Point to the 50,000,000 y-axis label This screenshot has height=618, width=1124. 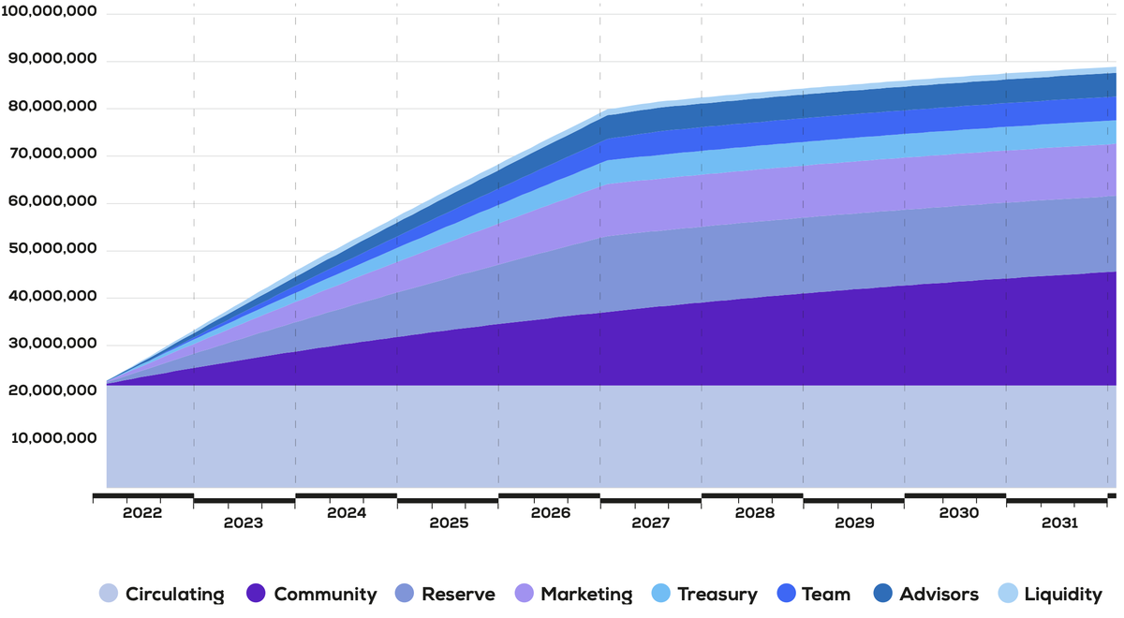(x=52, y=251)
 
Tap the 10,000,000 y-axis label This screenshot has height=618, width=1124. (x=52, y=439)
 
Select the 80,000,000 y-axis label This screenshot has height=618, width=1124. (x=52, y=109)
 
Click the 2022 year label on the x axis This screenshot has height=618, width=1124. (x=142, y=513)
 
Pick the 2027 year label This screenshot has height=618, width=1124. (x=650, y=522)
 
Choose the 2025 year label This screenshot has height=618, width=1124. (x=448, y=522)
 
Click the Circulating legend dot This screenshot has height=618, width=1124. (x=109, y=594)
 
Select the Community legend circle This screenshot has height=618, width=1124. (x=257, y=594)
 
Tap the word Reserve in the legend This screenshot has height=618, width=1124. (x=458, y=594)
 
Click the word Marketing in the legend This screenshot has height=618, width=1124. (x=586, y=594)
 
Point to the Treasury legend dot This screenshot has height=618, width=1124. (x=661, y=594)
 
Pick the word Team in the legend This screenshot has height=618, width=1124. (x=826, y=594)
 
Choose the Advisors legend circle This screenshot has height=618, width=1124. (x=883, y=594)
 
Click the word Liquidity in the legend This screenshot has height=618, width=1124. (x=1063, y=594)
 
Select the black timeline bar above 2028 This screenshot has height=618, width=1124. (x=751, y=495)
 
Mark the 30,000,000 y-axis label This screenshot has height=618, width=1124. (x=52, y=345)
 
